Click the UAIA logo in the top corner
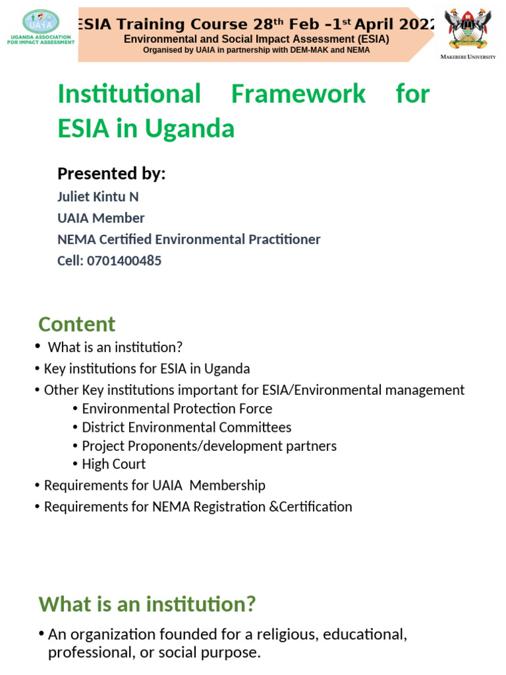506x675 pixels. tap(41, 27)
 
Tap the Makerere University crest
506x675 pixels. tap(468, 28)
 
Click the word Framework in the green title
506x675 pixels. tap(298, 94)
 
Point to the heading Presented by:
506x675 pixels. tap(111, 173)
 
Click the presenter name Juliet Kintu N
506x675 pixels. tap(98, 196)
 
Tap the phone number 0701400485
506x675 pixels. tap(124, 260)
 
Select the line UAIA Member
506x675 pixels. tap(101, 218)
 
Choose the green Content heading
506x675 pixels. tap(76, 324)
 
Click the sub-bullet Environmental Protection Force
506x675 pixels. tap(177, 409)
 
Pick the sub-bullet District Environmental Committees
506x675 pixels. tap(186, 427)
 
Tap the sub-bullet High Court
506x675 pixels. tap(113, 464)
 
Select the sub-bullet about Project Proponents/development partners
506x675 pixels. tap(209, 446)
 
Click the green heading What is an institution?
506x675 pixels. tap(147, 604)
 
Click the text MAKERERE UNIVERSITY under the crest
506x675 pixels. tap(468, 57)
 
